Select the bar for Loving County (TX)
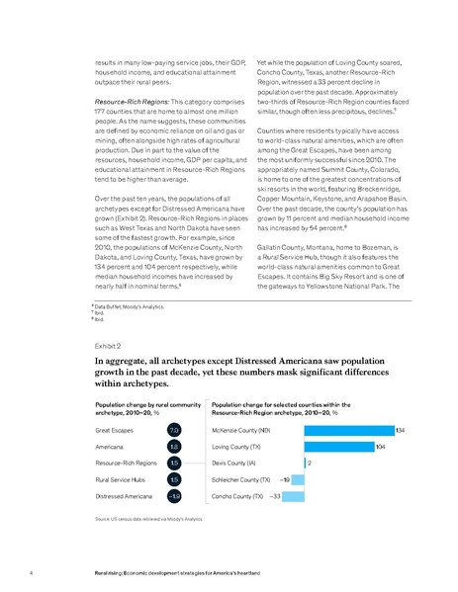click(339, 447)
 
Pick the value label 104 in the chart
click(382, 447)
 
